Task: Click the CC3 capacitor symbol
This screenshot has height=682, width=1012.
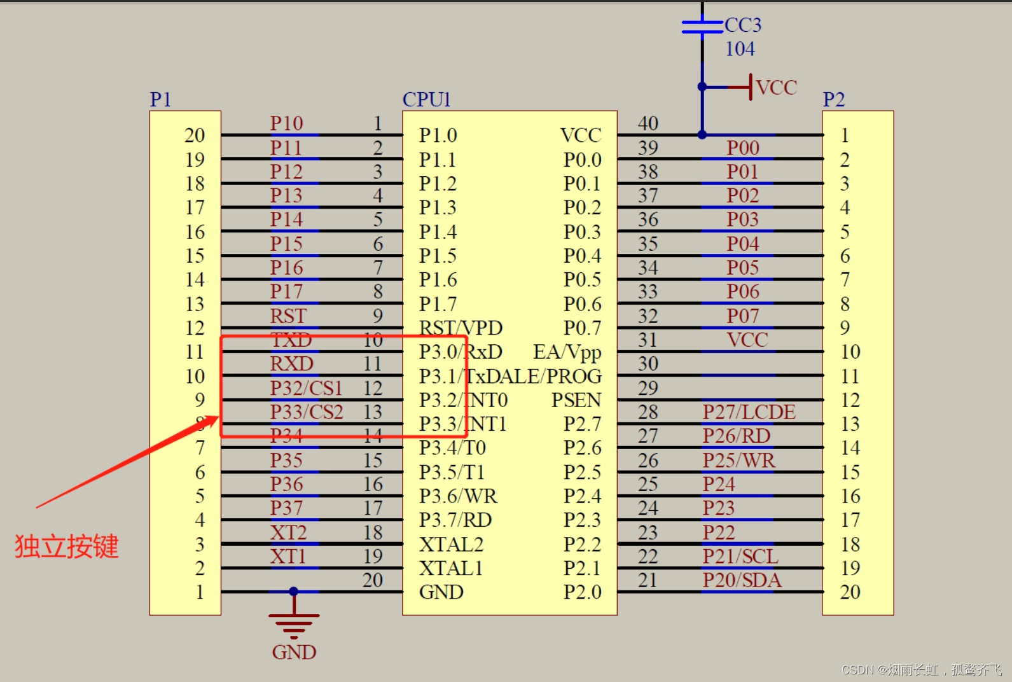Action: pos(702,26)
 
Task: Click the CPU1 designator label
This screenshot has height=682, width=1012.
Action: pos(426,99)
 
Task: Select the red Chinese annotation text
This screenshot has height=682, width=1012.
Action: pos(67,546)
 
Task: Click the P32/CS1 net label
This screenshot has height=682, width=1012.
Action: pos(306,388)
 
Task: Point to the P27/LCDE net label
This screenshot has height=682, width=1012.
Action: pos(749,412)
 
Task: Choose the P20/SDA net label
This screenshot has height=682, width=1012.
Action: pos(742,580)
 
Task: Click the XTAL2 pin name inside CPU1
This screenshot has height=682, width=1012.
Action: pos(451,545)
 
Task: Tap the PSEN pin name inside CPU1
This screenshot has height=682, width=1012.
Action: pos(576,400)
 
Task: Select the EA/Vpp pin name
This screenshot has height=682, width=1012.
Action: pos(567,352)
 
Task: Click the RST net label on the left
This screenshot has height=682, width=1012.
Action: pos(288,316)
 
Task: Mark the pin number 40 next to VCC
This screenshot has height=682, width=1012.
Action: pos(648,123)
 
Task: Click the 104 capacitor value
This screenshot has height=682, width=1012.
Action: pos(740,49)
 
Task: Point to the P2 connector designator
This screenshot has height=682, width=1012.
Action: pos(833,99)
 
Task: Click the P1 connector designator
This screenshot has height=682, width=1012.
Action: pos(160,99)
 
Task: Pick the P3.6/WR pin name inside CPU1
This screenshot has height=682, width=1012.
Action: pos(458,496)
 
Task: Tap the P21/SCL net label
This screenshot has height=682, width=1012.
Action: pos(740,557)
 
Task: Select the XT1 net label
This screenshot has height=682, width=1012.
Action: pos(288,557)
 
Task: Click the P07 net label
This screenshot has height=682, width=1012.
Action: pos(742,316)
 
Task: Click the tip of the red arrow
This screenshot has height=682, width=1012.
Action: pos(218,417)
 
